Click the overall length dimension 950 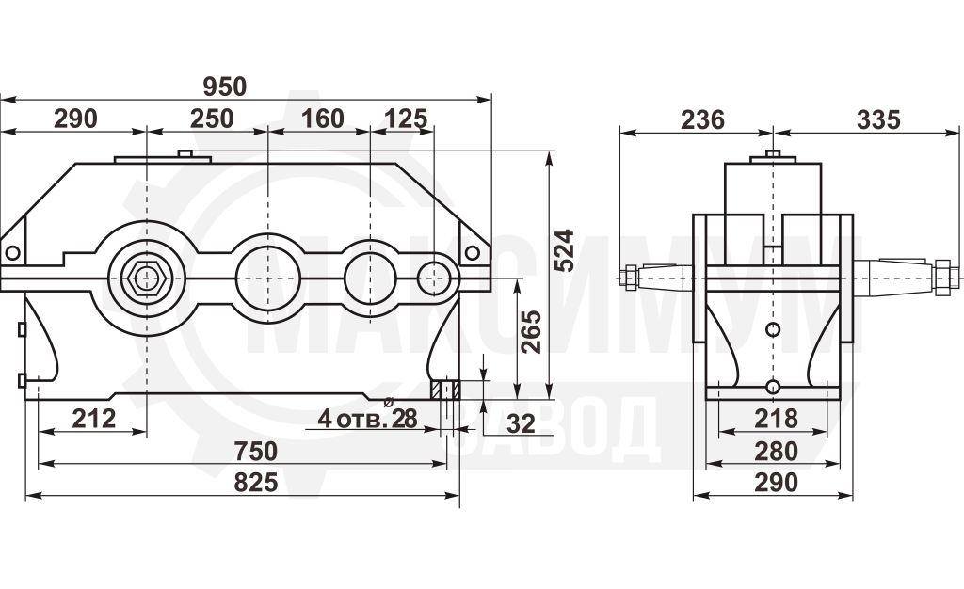point(225,88)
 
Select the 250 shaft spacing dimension point(212,119)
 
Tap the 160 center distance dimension point(322,119)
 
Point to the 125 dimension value point(406,119)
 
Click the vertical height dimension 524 point(564,250)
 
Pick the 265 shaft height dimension point(531,331)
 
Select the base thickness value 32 point(521,423)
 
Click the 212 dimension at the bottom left point(94,419)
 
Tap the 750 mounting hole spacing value point(256,452)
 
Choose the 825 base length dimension point(256,483)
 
